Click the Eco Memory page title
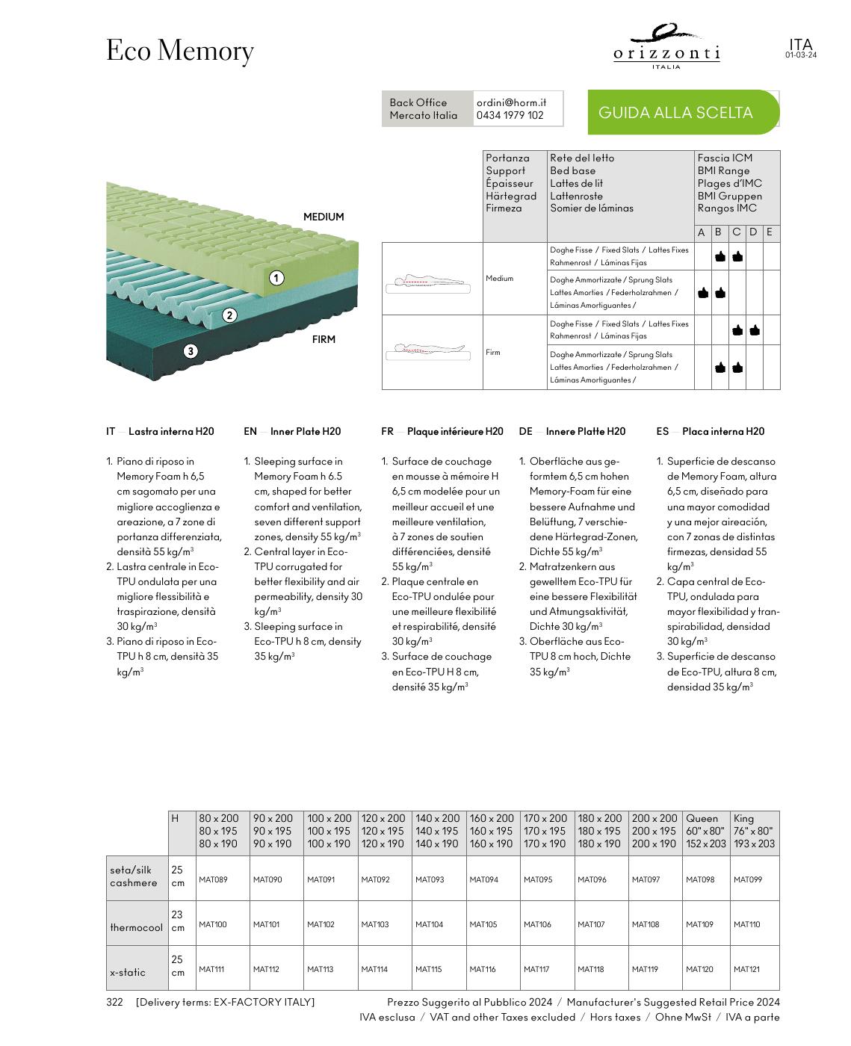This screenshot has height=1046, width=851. pos(180,51)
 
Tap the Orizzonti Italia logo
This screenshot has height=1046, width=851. pos(666,48)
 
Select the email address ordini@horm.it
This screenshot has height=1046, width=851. pos(511,102)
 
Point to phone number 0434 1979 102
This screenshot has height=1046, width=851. pos(510,116)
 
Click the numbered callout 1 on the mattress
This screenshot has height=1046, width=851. pos(276,278)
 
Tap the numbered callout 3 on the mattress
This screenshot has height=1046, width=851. pos(191,351)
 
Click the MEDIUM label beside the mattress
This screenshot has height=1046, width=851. pos(324,217)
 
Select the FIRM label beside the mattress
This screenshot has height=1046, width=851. pos(324,339)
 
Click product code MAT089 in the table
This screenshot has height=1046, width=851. pos(213,879)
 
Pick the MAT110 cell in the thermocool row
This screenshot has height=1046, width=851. pos(746,924)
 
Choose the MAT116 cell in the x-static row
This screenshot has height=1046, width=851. pos(483,969)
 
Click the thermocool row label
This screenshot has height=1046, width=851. pos(136,927)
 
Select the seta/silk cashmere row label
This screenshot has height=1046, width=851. pos(134,876)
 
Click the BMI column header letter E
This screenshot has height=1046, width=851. pos(770,232)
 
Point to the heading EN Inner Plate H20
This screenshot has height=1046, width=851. pos(292,431)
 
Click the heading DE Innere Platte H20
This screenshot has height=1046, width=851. pos(572,431)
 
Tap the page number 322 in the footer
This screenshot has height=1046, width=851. pos(114,1002)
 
